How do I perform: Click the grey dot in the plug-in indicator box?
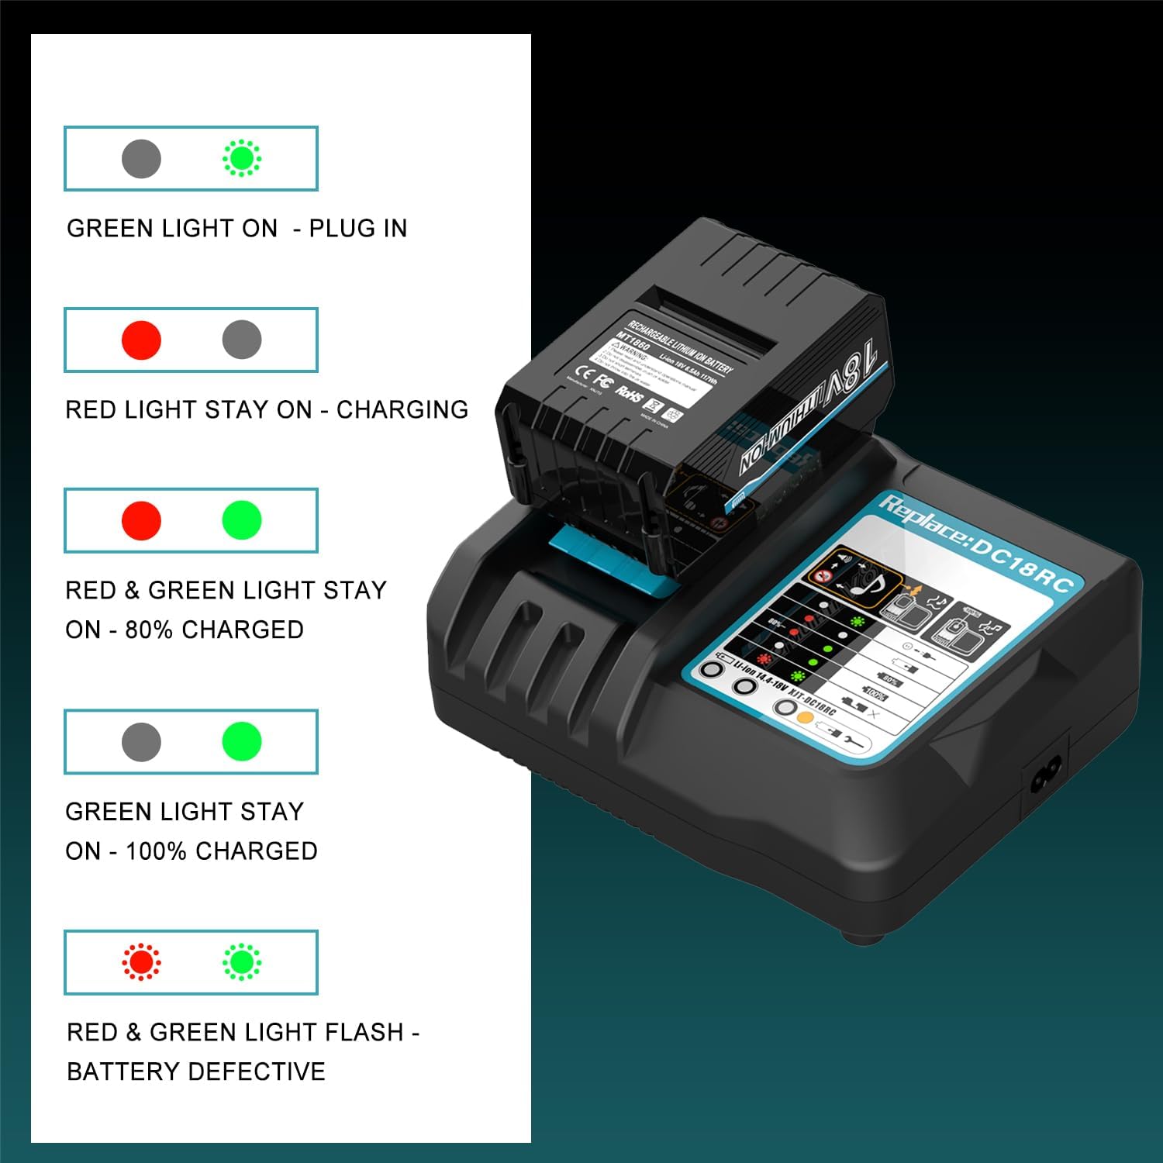tap(141, 159)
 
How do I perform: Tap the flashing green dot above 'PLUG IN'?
tap(242, 159)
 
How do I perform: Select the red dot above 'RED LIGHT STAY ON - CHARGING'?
tap(141, 340)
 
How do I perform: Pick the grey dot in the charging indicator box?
tap(242, 340)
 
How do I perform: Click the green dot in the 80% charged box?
tap(242, 520)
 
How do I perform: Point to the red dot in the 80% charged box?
tap(141, 520)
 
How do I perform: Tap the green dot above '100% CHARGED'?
tap(242, 741)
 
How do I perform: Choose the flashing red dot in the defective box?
tap(141, 962)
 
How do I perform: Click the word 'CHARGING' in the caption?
tap(402, 409)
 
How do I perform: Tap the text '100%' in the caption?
tap(156, 851)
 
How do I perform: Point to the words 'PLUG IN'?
tap(357, 229)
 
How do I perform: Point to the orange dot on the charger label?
tap(805, 717)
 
